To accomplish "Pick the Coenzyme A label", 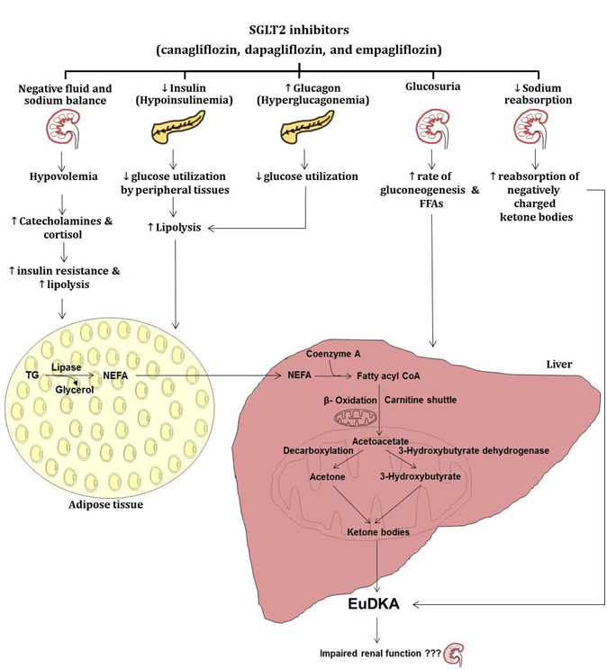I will [333, 352].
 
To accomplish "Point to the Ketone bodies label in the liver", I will [378, 532].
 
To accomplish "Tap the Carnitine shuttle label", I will [421, 397].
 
